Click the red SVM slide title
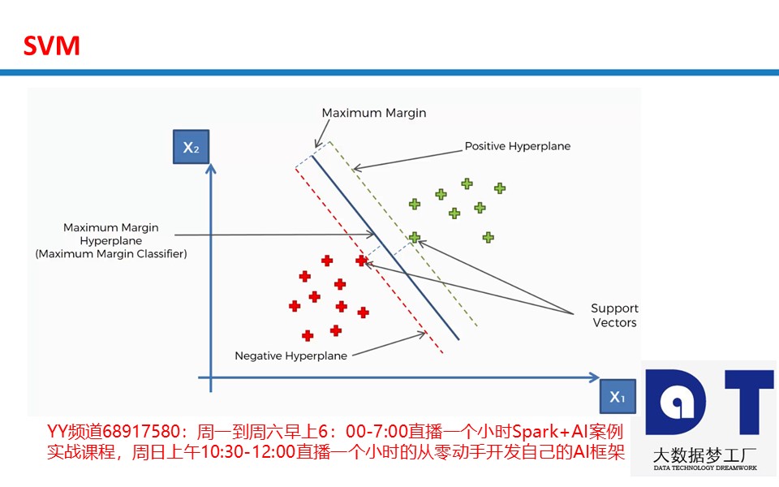click(52, 45)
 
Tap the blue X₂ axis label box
click(191, 147)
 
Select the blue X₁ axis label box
click(618, 396)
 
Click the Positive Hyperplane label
click(517, 146)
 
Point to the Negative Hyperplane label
click(291, 356)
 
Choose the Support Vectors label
click(614, 316)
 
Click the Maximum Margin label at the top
click(373, 113)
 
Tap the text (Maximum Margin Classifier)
click(111, 254)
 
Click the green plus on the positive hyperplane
click(415, 238)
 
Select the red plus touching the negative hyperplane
click(361, 260)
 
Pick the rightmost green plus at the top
click(500, 187)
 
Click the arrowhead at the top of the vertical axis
click(211, 169)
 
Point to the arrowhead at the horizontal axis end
click(594, 377)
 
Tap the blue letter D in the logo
click(675, 402)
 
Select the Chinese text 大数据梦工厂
click(704, 455)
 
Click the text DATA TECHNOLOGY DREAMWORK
click(705, 468)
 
